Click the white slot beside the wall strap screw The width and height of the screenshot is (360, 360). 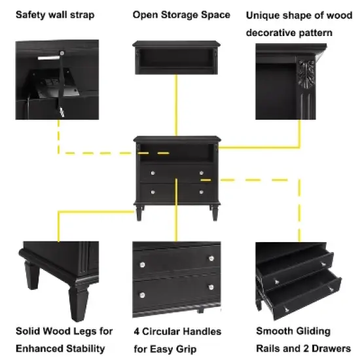coord(47,59)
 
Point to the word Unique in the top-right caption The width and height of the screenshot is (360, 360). coord(262,14)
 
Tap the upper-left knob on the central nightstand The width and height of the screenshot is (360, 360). coord(152,172)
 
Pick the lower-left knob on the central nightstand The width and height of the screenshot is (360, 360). coord(152,191)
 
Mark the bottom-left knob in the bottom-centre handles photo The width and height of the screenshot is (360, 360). coord(142,287)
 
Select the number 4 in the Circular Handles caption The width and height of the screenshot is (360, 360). coord(137,332)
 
